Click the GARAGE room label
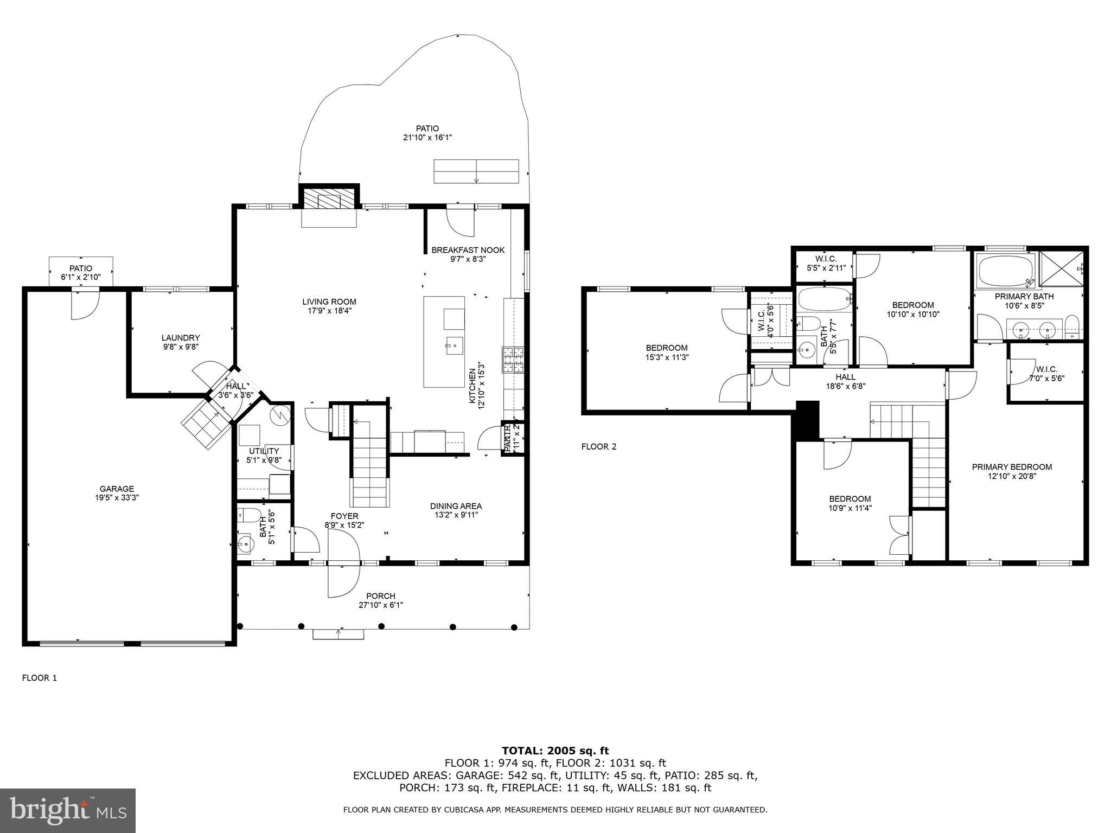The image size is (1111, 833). [117, 489]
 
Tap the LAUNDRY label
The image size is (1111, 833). [181, 337]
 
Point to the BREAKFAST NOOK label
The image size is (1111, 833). [468, 250]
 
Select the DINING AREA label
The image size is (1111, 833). [456, 506]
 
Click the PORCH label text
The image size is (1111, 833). [380, 596]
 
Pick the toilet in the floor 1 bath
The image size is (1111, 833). [250, 514]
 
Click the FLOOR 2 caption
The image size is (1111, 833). [599, 447]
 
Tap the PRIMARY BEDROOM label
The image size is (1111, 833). [1012, 467]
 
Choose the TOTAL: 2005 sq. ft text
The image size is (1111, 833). [555, 751]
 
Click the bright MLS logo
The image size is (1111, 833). [68, 811]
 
